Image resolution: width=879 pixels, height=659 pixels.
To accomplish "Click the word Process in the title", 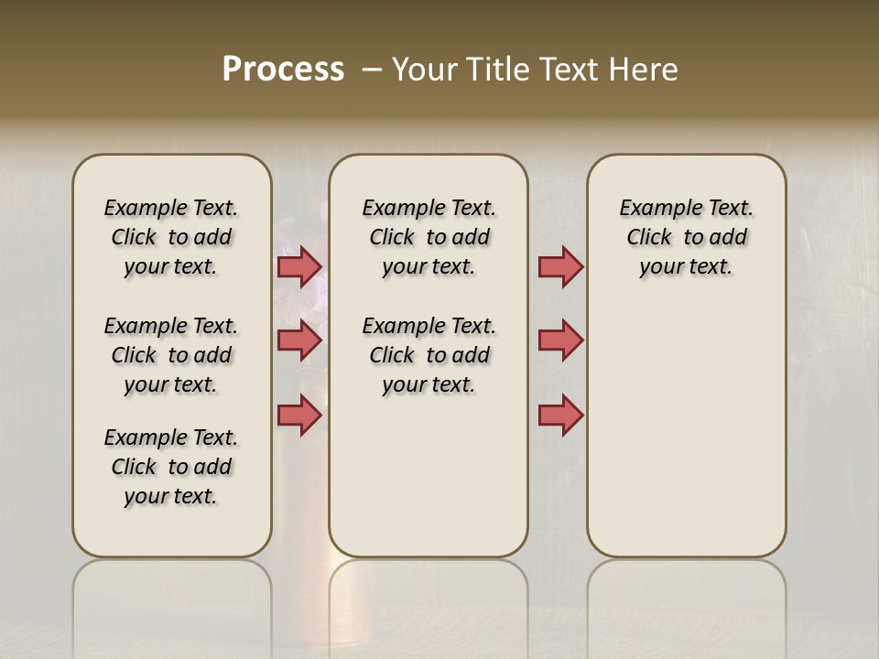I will click(283, 70).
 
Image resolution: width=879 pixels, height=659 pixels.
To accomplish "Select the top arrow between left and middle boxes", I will click(298, 267).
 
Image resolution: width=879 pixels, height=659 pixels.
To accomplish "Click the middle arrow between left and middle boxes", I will click(298, 340).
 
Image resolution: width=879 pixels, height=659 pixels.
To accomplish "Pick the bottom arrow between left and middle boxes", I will click(298, 415).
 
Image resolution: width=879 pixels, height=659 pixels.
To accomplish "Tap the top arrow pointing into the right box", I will click(560, 267).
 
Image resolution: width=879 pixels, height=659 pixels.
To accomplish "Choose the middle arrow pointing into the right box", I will click(560, 340).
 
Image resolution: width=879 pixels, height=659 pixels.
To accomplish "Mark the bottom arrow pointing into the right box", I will click(560, 415).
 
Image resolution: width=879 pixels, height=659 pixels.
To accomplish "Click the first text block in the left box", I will click(171, 237).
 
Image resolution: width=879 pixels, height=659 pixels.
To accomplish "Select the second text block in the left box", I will click(171, 355).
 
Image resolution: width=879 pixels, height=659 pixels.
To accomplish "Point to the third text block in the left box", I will click(171, 467).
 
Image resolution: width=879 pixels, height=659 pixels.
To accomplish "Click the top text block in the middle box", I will click(429, 237).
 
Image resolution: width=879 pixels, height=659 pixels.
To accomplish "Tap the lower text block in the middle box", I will click(429, 355).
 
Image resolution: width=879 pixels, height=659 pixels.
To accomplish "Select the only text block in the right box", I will click(687, 237).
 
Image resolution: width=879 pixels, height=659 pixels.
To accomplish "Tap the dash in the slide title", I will click(372, 70).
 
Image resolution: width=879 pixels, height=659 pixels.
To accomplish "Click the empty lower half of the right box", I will click(687, 439).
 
